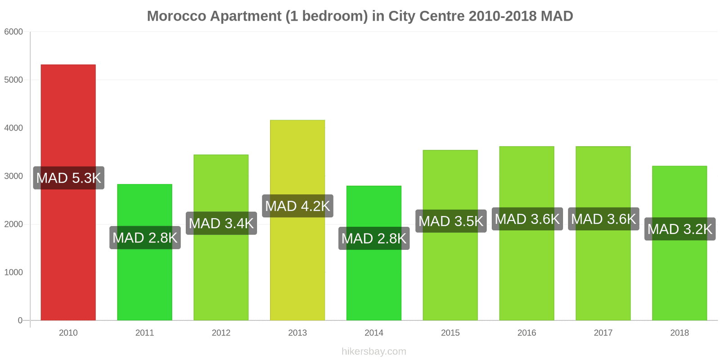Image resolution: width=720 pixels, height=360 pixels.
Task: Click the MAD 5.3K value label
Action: coord(69,178)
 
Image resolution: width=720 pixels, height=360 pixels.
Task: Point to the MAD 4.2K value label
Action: coord(297,206)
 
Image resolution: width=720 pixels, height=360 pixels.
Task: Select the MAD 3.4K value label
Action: coord(221,223)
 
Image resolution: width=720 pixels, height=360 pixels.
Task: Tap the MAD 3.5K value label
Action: coord(450,221)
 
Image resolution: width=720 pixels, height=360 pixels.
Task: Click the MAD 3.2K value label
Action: coord(679,229)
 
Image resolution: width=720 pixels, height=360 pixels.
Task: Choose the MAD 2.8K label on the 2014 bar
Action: coord(373,238)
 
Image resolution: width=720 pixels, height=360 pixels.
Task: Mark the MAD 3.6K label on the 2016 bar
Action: coord(527,219)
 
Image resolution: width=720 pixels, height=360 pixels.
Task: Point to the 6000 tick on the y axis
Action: coord(13,32)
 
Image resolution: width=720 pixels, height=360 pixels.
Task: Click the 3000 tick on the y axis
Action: coord(13,176)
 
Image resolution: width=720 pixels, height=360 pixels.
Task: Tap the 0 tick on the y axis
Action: coord(20,320)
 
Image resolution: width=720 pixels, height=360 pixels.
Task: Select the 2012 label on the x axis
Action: coord(221,333)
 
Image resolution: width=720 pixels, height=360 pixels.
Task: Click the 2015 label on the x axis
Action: coord(450,333)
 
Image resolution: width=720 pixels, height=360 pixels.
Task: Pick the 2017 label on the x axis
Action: coord(603,333)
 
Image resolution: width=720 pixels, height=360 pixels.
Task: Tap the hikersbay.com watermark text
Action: coord(373,351)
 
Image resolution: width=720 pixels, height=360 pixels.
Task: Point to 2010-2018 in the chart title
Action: coord(502,16)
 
